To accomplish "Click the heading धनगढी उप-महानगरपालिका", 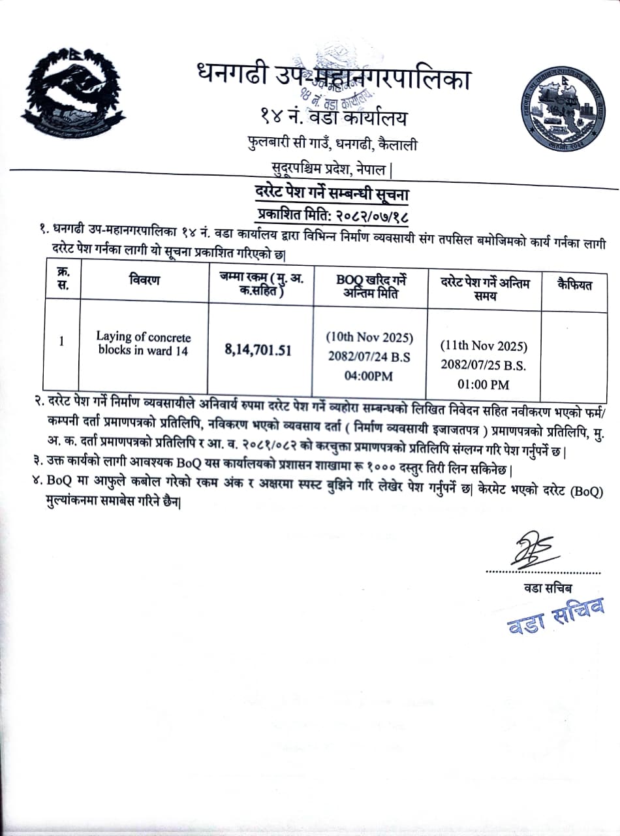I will [333, 77].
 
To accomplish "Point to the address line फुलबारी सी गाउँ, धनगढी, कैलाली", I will [332, 144].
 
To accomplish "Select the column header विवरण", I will [144, 280].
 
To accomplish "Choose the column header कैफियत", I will [575, 285].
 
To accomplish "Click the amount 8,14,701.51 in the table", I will [258, 350].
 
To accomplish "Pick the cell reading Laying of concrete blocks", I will [144, 344].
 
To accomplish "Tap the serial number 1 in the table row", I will [61, 341].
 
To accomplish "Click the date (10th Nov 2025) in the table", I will [370, 338].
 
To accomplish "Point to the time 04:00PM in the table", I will [370, 376].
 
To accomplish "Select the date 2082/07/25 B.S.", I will [484, 364].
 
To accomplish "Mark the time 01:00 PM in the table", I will [484, 384].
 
